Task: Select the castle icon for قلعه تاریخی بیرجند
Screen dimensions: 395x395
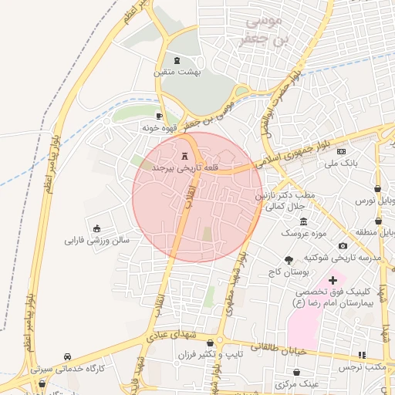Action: tap(184, 155)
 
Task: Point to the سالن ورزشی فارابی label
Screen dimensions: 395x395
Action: tap(97, 240)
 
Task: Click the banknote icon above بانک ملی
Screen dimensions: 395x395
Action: tap(340, 151)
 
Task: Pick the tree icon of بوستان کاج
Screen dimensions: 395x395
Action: tap(289, 261)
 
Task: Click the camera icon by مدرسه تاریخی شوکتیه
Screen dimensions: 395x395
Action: tap(343, 245)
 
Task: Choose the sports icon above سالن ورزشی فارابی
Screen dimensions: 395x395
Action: tap(96, 228)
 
